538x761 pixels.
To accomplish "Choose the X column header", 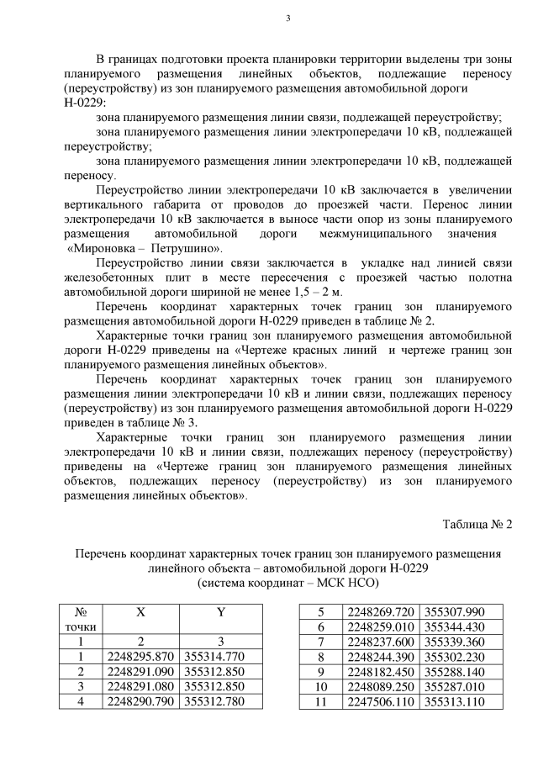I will tap(140, 614).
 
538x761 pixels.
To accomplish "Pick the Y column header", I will tap(220, 614).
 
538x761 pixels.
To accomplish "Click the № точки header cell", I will tap(82, 621).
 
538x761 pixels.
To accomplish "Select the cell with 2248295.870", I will tap(140, 656).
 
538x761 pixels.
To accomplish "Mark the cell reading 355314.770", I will tap(220, 656).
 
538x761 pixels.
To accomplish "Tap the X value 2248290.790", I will tap(140, 701).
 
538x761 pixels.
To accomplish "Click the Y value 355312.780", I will tap(220, 701).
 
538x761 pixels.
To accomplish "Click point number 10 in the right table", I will tap(320, 687).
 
